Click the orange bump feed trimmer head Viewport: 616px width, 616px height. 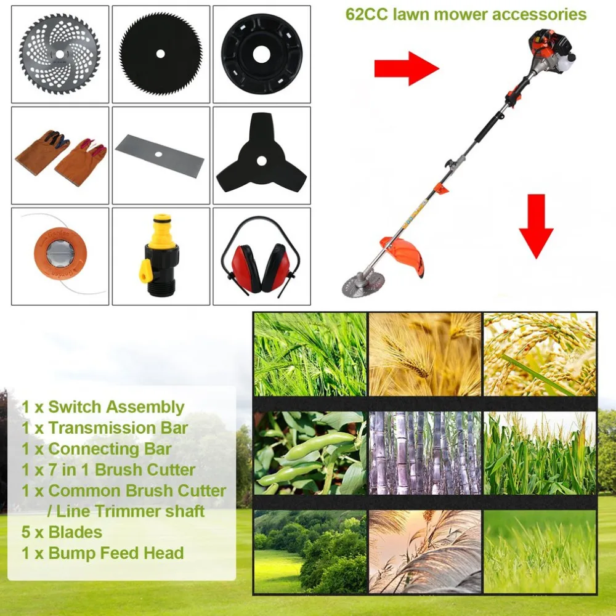(x=60, y=256)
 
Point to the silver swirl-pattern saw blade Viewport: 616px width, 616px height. (x=60, y=54)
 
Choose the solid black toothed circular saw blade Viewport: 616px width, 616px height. (x=161, y=54)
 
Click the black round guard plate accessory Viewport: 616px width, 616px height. (x=262, y=54)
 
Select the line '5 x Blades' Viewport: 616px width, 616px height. (x=62, y=532)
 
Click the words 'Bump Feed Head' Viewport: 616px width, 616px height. (x=116, y=553)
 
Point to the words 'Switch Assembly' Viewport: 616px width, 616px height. (x=116, y=407)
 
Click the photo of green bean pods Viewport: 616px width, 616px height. (x=310, y=453)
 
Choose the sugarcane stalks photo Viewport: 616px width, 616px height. (x=425, y=453)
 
